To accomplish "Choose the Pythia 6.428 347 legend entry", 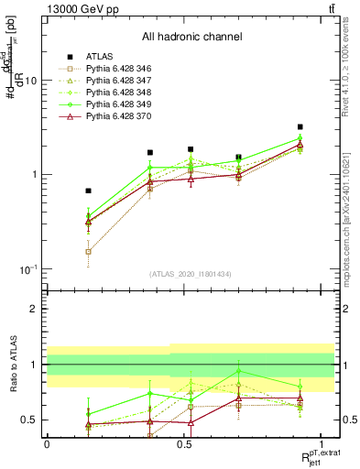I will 115,81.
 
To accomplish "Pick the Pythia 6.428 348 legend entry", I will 115,93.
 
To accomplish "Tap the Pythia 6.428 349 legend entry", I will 115,104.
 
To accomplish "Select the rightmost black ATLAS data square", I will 300,127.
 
